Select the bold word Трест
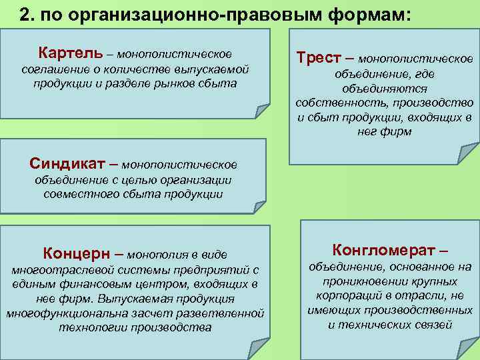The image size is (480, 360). pyautogui.click(x=319, y=59)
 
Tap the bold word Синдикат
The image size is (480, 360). pyautogui.click(x=69, y=163)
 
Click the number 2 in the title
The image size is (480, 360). pyautogui.click(x=25, y=15)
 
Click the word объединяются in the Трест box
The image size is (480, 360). pyautogui.click(x=385, y=88)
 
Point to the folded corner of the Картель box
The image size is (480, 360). pyautogui.click(x=262, y=110)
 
